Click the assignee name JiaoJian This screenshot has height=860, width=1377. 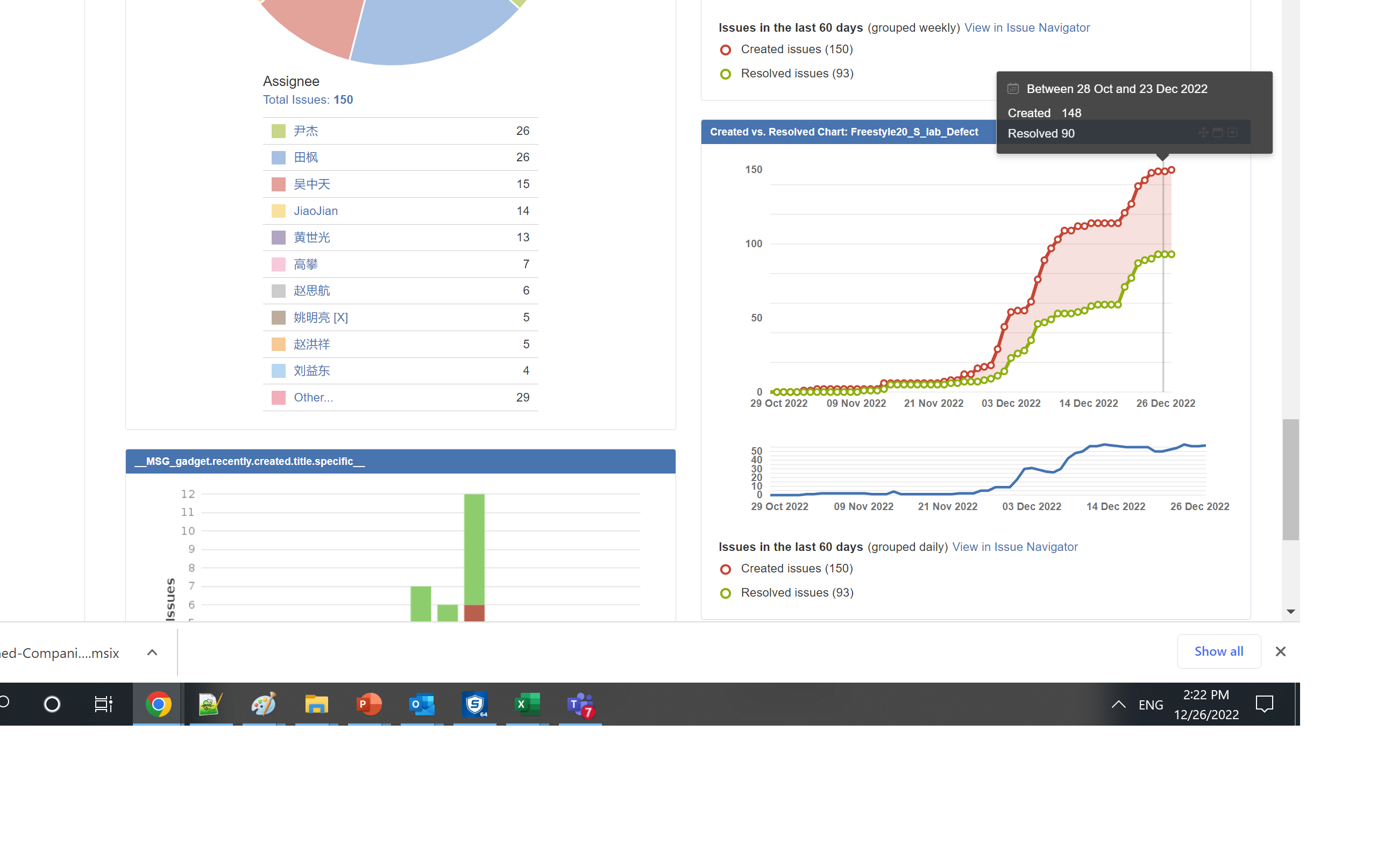coord(316,211)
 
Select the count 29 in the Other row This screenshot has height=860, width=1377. coord(522,398)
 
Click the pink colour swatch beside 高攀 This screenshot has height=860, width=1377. coord(278,264)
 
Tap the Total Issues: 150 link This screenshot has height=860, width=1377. coord(308,99)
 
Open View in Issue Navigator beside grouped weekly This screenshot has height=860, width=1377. coord(1026,27)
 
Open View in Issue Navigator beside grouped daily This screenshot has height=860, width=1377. coord(1014,547)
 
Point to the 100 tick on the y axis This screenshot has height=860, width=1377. coord(754,243)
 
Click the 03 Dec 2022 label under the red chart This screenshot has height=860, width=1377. coord(1011,403)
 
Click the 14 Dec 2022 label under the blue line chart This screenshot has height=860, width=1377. coord(1115,506)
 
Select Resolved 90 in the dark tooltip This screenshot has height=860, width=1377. coord(1041,134)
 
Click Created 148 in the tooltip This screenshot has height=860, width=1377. coord(1044,113)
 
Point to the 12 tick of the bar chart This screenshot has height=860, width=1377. coord(188,494)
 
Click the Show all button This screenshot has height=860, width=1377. coord(1218,651)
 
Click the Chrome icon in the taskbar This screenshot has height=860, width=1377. coord(158,704)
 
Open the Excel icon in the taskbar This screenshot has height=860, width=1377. coord(527,704)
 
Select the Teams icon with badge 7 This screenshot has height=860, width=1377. coord(580,704)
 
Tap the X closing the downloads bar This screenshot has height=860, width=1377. coord(1280,651)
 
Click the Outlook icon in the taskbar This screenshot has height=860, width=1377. coord(422,704)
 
